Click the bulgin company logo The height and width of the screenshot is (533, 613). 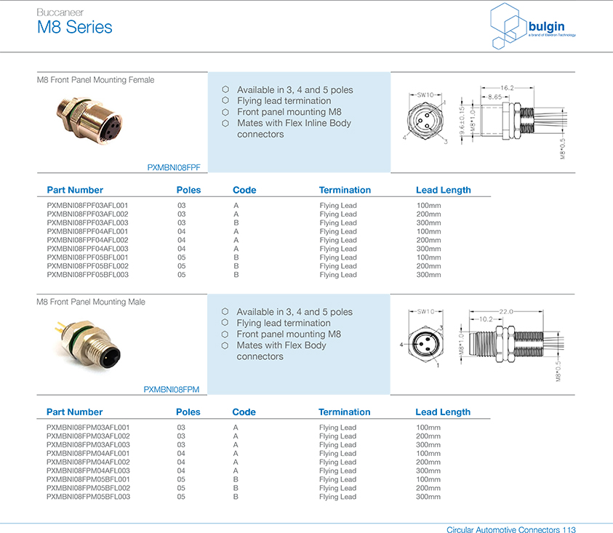click(534, 27)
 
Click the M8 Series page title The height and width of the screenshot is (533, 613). click(75, 28)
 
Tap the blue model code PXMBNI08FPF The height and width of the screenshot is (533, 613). click(173, 167)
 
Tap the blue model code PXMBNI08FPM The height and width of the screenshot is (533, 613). click(171, 390)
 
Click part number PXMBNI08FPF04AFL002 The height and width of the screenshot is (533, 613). click(87, 240)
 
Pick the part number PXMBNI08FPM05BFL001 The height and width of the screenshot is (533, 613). click(88, 479)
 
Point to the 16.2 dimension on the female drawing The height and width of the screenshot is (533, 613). click(507, 88)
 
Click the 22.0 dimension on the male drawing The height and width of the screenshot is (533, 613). click(505, 311)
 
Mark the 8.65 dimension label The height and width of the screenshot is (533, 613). click(494, 97)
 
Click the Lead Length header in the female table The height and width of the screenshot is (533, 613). click(443, 190)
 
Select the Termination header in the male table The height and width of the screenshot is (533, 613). click(345, 412)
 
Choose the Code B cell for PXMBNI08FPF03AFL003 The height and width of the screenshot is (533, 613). click(236, 223)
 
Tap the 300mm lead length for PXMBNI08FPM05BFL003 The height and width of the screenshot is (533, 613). click(428, 497)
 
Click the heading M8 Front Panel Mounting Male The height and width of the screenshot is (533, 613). click(91, 301)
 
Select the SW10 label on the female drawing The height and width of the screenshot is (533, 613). click(425, 95)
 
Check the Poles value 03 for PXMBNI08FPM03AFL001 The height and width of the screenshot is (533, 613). click(181, 427)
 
